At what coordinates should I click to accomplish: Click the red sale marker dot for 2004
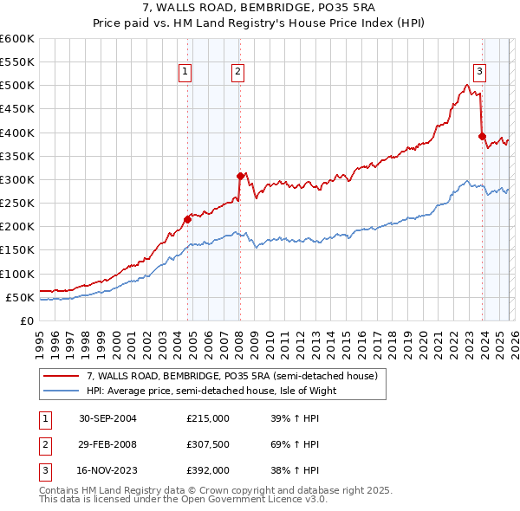(187, 219)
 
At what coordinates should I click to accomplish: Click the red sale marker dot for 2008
(240, 176)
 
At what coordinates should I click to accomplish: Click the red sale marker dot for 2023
(482, 136)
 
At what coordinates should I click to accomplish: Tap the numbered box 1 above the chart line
(185, 73)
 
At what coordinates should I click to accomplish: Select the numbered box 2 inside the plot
(237, 73)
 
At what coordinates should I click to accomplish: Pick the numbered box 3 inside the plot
(479, 73)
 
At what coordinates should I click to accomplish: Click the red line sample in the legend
(61, 377)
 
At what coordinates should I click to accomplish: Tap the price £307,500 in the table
(208, 444)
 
